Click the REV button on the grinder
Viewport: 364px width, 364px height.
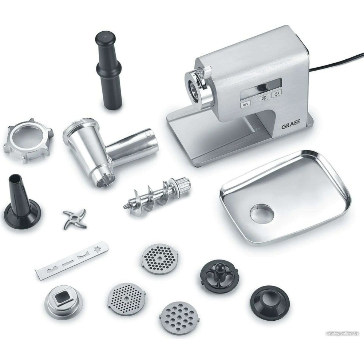[245, 105]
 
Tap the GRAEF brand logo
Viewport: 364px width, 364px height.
[290, 127]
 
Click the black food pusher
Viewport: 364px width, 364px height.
[108, 70]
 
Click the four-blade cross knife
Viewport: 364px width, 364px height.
[75, 219]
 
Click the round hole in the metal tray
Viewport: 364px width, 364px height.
[262, 213]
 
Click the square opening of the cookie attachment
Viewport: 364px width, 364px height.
[63, 299]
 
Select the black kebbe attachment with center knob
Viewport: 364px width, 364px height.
[219, 275]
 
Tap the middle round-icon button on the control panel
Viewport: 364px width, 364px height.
[264, 98]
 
